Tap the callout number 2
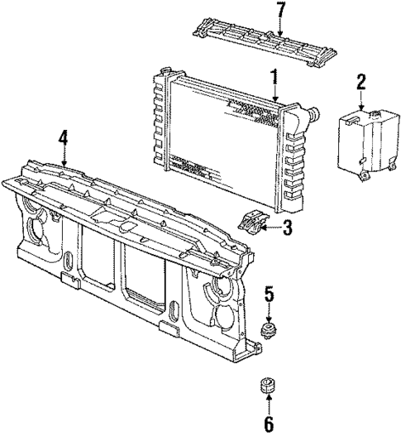[360, 81]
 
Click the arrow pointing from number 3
[271, 228]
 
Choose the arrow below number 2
[360, 99]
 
